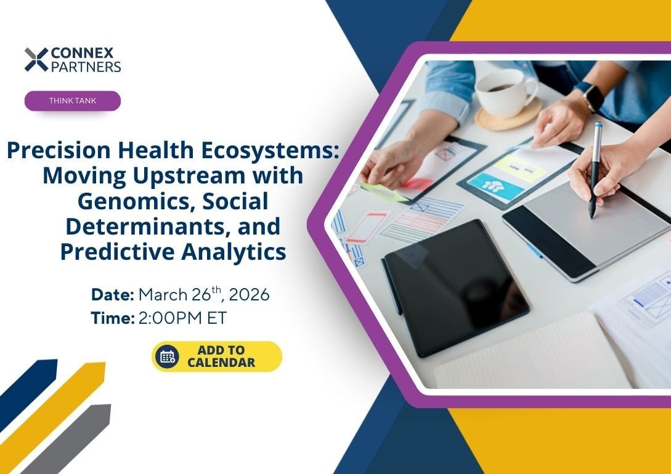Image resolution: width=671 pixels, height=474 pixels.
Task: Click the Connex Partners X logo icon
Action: coord(36,60)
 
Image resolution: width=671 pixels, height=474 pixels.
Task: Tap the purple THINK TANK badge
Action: coord(73,101)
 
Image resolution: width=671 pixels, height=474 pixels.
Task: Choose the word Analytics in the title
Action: coord(234,252)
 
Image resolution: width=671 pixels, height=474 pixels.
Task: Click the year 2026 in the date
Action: coord(252,294)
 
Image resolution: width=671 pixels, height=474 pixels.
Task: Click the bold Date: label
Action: coord(113,294)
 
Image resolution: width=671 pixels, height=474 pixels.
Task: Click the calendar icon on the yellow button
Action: coord(168,356)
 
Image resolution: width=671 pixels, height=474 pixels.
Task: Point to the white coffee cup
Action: coord(506,94)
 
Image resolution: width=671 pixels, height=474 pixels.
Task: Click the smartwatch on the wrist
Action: coord(590,95)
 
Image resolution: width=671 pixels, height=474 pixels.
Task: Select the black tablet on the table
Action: coord(456,287)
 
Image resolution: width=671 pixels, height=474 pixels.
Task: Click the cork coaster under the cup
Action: coord(508,114)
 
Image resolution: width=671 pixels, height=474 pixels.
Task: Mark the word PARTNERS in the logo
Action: coord(86,66)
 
